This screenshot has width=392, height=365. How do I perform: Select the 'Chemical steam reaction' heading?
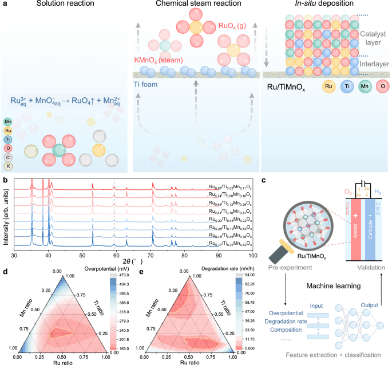(x=196, y=5)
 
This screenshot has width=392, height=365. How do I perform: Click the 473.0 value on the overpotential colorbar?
(x=123, y=274)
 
